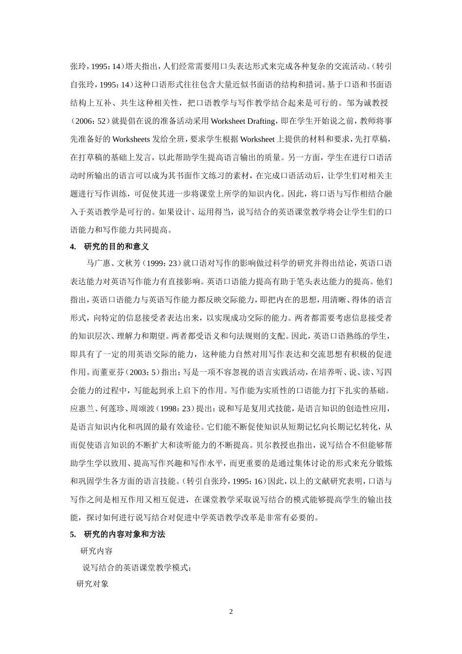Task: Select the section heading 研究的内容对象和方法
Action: pyautogui.click(x=124, y=534)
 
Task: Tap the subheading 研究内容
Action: pyautogui.click(x=96, y=551)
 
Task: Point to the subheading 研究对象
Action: pyautogui.click(x=92, y=583)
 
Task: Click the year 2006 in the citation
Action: pyautogui.click(x=88, y=121)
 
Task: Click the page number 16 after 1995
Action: pyautogui.click(x=258, y=481)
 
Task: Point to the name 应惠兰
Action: pyautogui.click(x=81, y=408)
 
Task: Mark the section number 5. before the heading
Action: pyautogui.click(x=73, y=534)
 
